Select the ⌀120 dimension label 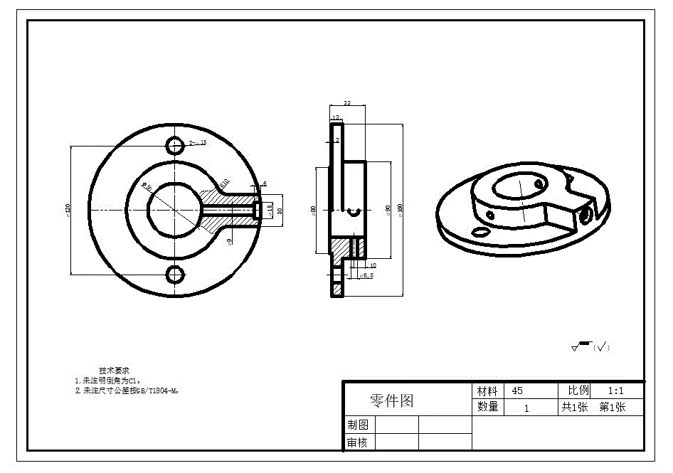pyautogui.click(x=68, y=210)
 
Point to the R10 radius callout pyautogui.click(x=224, y=183)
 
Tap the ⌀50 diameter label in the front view pyautogui.click(x=148, y=186)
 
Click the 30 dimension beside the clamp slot pyautogui.click(x=280, y=210)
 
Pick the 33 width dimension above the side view pyautogui.click(x=347, y=104)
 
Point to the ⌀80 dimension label pyautogui.click(x=314, y=210)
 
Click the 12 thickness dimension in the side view pyautogui.click(x=336, y=117)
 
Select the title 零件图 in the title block pyautogui.click(x=391, y=400)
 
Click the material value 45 pyautogui.click(x=517, y=391)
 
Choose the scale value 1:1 pyautogui.click(x=615, y=391)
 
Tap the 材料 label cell pyautogui.click(x=488, y=391)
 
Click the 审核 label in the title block pyautogui.click(x=358, y=442)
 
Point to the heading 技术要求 pyautogui.click(x=114, y=371)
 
